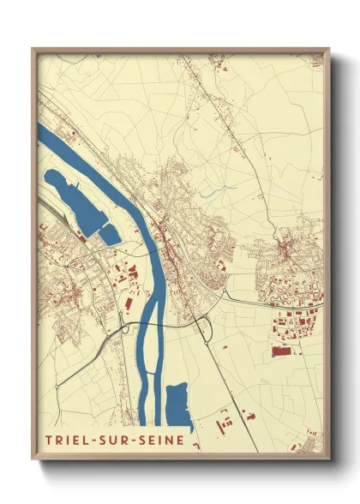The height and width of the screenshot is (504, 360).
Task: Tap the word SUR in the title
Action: pyautogui.click(x=119, y=441)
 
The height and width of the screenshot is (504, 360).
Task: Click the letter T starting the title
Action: pyautogui.click(x=48, y=441)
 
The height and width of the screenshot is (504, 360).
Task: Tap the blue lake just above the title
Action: pyautogui.click(x=178, y=405)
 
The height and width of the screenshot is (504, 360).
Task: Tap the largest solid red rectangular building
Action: pyautogui.click(x=281, y=351)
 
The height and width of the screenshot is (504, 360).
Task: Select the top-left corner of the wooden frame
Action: pyautogui.click(x=33, y=50)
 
